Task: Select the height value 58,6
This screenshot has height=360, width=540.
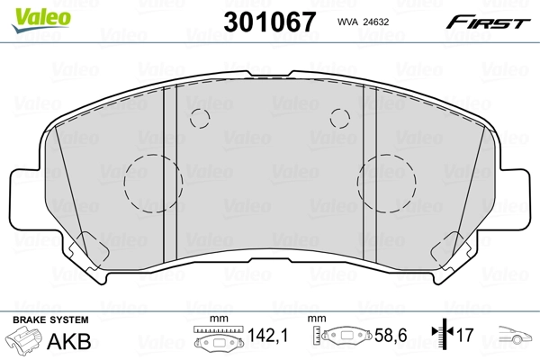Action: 392,337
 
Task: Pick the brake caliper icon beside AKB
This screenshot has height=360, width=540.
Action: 25,342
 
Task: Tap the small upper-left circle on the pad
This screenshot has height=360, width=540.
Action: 201,117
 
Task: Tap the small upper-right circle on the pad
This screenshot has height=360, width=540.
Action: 339,117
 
